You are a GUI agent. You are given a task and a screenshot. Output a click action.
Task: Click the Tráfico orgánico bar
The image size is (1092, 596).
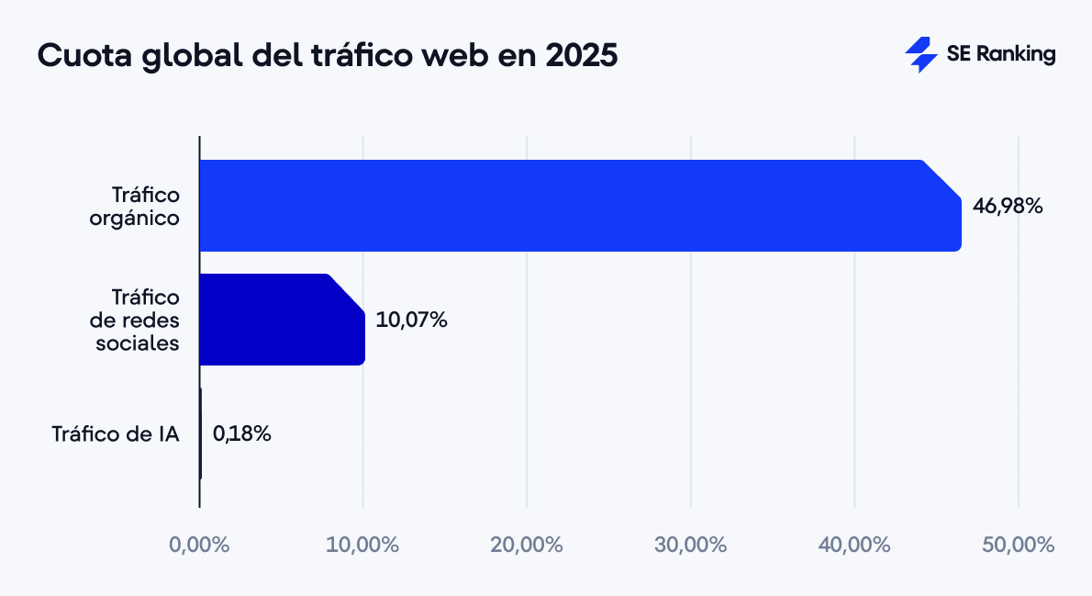pyautogui.click(x=578, y=206)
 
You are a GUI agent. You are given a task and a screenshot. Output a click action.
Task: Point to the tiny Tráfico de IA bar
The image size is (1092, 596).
pyautogui.click(x=201, y=433)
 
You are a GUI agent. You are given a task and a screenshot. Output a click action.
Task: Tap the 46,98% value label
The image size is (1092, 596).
pyautogui.click(x=1008, y=207)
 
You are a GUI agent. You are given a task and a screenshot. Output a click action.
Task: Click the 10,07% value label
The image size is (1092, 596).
pyautogui.click(x=411, y=320)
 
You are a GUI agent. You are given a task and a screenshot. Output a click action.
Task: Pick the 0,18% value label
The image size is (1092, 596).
pyautogui.click(x=241, y=433)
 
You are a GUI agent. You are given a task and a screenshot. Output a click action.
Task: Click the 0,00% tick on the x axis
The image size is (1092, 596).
pyautogui.click(x=199, y=544)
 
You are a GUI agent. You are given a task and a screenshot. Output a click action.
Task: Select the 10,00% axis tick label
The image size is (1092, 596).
pyautogui.click(x=362, y=544)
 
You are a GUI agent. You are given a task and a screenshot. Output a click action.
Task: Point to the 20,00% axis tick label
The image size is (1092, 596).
pyautogui.click(x=527, y=544)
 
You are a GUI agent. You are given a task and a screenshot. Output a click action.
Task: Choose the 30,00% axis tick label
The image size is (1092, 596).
pyautogui.click(x=690, y=544)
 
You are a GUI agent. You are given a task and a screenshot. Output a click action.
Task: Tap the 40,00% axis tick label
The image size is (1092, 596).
pyautogui.click(x=854, y=544)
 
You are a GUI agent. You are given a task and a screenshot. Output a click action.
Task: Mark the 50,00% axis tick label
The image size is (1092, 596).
pyautogui.click(x=1018, y=544)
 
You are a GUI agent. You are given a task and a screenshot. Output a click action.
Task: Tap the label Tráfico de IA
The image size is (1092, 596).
pyautogui.click(x=115, y=433)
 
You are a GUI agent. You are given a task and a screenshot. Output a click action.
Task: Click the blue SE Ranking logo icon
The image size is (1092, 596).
pyautogui.click(x=920, y=54)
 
